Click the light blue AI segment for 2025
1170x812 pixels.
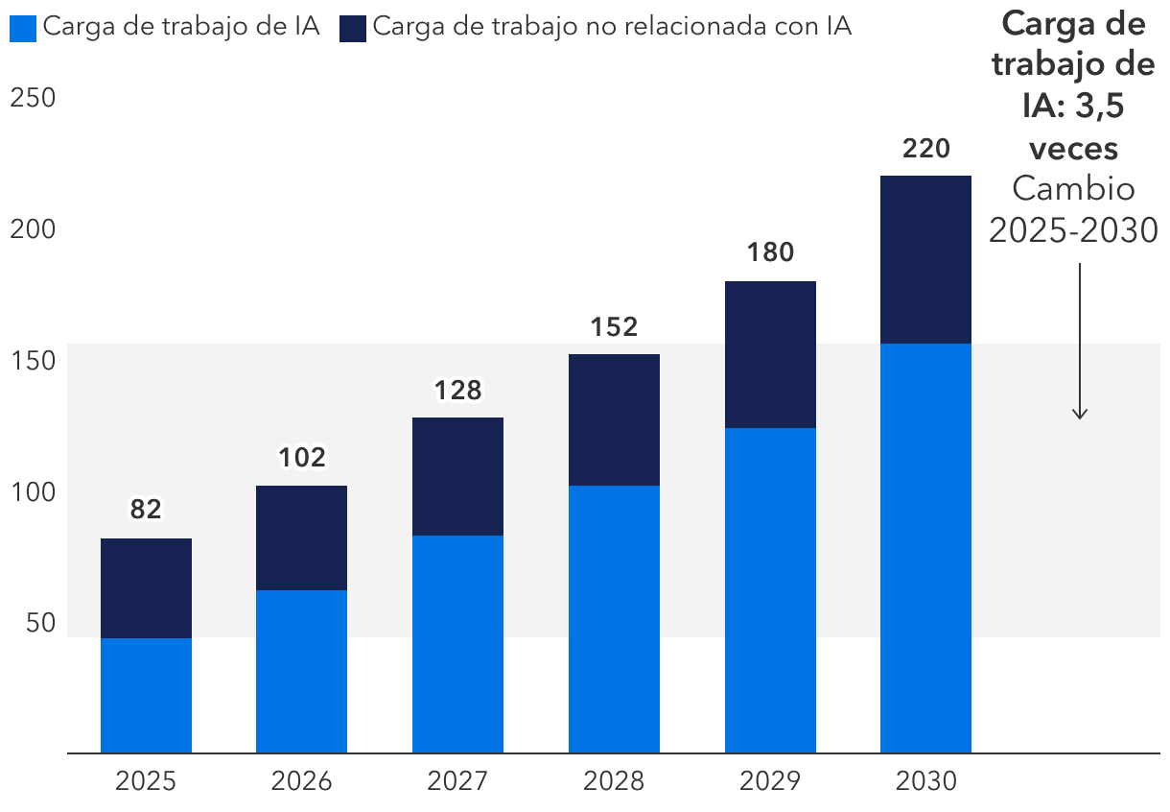point(146,695)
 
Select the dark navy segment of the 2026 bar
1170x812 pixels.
point(301,537)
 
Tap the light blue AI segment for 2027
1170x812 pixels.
point(457,644)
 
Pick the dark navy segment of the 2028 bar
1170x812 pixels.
point(614,419)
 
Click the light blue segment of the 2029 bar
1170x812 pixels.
point(770,590)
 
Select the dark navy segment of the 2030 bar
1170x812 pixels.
point(925,259)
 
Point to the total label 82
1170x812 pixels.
point(146,510)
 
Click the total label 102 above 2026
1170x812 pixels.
point(301,458)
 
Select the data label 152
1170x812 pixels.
point(614,326)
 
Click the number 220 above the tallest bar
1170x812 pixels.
point(925,149)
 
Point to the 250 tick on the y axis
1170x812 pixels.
point(32,99)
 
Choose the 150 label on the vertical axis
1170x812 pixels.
point(32,361)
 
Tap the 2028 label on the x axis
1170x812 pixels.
point(614,781)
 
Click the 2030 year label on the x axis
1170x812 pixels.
point(925,781)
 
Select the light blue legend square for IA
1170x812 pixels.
point(24,28)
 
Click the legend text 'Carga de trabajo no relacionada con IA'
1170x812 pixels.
point(611,27)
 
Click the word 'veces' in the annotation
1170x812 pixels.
point(1073,149)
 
